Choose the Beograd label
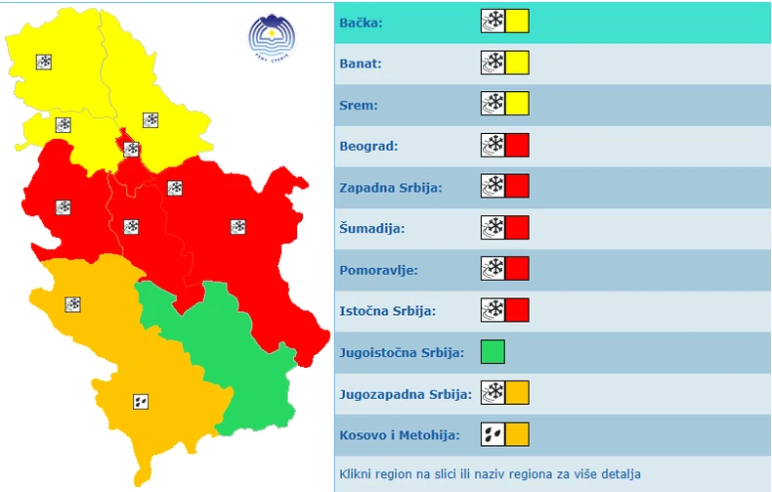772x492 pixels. coord(368,146)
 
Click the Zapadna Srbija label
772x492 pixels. coord(390,187)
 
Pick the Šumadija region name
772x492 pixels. coord(371,229)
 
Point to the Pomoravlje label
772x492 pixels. coord(378,270)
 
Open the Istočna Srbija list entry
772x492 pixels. coord(387,311)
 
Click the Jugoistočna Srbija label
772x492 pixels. coord(401,352)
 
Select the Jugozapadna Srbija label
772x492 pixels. coord(405,394)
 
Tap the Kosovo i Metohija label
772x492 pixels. coord(400,434)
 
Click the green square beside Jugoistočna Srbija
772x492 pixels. coord(493,352)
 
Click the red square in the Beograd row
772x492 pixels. coord(517,146)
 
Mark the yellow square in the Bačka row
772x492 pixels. coord(517,21)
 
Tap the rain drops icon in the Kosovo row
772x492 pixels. coord(493,434)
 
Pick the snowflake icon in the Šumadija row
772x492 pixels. coord(493,228)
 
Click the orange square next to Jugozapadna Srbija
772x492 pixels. coord(517,393)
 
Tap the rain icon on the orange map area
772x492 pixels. coord(141,401)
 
